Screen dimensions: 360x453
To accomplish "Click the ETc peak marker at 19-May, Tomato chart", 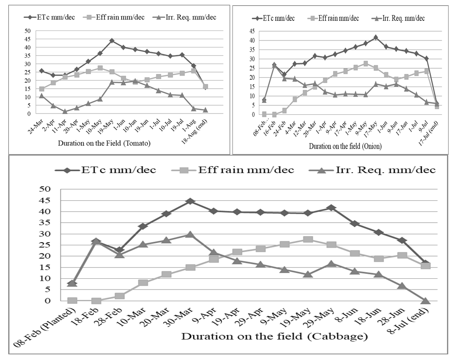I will [112, 40].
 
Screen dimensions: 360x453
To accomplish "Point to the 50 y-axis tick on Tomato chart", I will [27, 31].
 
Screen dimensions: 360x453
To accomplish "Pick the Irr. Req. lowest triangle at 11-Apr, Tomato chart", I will [65, 111].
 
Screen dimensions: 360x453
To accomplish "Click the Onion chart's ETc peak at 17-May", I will [376, 37].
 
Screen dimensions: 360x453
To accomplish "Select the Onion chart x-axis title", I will [345, 147].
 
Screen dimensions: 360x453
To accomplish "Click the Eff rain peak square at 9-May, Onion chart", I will [366, 63].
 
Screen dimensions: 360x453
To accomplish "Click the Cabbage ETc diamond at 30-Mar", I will [190, 201].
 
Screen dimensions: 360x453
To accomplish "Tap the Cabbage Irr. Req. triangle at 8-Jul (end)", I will [426, 300].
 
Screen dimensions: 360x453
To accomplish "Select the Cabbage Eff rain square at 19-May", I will [308, 240].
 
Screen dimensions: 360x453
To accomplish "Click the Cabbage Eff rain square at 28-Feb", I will [119, 296].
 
